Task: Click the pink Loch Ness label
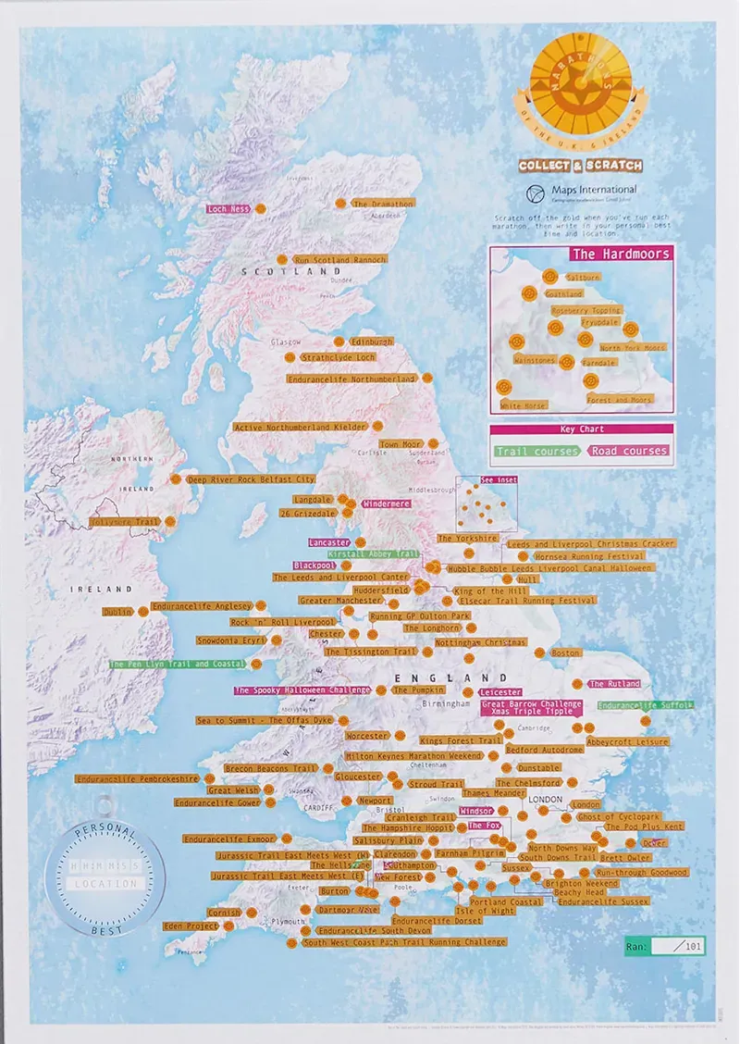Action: [x=229, y=209]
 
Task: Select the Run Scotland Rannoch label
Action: [x=339, y=260]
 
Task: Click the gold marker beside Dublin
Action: [x=143, y=611]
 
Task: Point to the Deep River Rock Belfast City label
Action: [x=252, y=479]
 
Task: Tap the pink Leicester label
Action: [x=500, y=691]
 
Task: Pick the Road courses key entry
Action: [x=630, y=451]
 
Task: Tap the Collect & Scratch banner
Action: [x=580, y=165]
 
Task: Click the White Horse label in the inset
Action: [x=523, y=405]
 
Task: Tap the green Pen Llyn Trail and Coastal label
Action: [x=177, y=664]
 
